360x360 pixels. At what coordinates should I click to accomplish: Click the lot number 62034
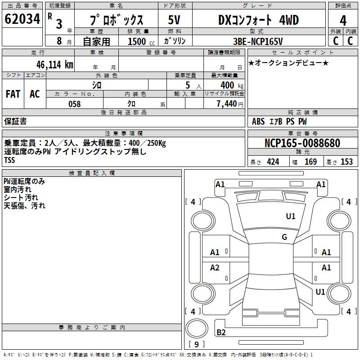[x=22, y=20]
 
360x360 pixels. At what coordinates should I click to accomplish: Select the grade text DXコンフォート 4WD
[x=258, y=20]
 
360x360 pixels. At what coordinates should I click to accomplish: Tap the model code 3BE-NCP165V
[x=258, y=41]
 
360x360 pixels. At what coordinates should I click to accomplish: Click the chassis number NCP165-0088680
[x=302, y=143]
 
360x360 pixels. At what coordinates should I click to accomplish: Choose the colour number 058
[x=74, y=104]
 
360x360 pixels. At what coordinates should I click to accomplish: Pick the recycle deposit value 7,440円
[x=229, y=104]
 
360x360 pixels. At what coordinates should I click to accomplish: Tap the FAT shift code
[x=13, y=94]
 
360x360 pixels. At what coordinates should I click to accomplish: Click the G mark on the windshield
[x=284, y=237]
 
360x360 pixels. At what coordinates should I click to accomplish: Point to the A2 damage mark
[x=215, y=268]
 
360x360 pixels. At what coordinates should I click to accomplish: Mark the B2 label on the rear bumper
[x=221, y=333]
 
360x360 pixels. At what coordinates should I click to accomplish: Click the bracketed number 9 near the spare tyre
[x=197, y=344]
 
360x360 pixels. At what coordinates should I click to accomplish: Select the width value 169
[x=310, y=162]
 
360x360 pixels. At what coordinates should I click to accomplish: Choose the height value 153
[x=346, y=162]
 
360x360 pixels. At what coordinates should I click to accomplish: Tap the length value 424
[x=273, y=162]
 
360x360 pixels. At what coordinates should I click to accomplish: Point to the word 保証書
[x=15, y=121]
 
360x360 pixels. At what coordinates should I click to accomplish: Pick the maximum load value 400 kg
[x=227, y=85]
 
